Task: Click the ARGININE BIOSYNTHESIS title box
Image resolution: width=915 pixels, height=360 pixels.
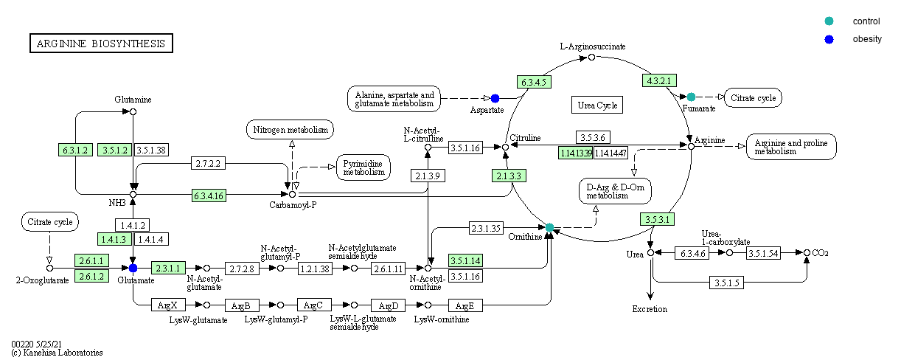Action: [x=101, y=44]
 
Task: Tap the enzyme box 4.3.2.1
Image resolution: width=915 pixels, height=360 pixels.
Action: [x=661, y=80]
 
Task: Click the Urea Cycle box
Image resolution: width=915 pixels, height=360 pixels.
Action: [x=596, y=105]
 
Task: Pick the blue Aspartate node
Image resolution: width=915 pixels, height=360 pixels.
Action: [x=495, y=98]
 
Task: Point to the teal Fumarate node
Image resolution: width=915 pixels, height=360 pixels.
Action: [x=691, y=97]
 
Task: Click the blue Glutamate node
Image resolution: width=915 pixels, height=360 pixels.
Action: [x=133, y=268]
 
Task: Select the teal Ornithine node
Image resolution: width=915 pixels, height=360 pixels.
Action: [x=549, y=226]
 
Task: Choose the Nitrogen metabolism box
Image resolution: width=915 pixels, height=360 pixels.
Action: [x=290, y=130]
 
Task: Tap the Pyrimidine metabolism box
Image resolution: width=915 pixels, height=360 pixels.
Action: [x=363, y=167]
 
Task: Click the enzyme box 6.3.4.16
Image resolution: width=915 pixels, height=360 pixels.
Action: [x=209, y=195]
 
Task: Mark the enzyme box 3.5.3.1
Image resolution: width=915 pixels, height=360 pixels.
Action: [x=656, y=219]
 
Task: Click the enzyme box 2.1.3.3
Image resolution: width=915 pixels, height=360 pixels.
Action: [x=508, y=176]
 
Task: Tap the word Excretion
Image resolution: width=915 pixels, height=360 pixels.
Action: [x=650, y=309]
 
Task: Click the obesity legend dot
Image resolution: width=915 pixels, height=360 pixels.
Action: [x=829, y=39]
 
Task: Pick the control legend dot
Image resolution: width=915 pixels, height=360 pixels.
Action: [x=829, y=21]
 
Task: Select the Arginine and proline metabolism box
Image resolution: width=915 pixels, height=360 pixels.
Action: [x=791, y=147]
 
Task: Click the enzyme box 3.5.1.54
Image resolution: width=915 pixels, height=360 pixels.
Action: [x=763, y=253]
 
